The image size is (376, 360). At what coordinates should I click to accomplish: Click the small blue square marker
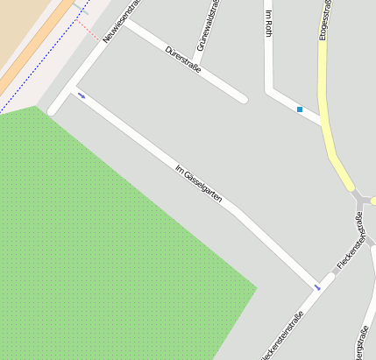click(x=300, y=109)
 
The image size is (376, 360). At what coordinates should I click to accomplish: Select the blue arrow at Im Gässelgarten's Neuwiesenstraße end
click(x=82, y=95)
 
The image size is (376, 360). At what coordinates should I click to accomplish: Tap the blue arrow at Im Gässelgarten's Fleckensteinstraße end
click(x=318, y=286)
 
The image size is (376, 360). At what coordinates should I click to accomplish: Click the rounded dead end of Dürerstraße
click(x=243, y=99)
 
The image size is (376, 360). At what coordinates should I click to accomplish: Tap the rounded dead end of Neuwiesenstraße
click(x=53, y=110)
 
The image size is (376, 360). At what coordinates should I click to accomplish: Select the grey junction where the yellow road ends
click(x=362, y=201)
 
